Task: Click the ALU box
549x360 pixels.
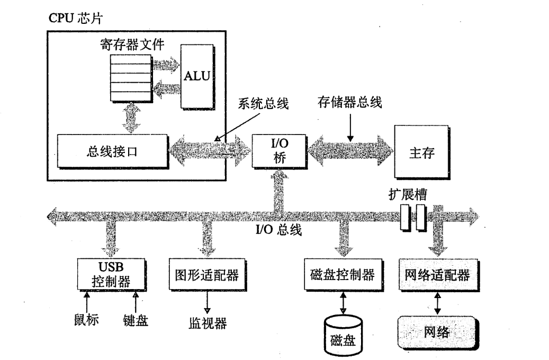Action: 196,76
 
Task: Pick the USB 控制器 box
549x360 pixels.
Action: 111,273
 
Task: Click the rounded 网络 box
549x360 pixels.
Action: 437,332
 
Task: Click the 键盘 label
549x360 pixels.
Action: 136,320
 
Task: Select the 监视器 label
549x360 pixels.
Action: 208,322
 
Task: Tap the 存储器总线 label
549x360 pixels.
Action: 349,102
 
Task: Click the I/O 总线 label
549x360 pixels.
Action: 278,230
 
